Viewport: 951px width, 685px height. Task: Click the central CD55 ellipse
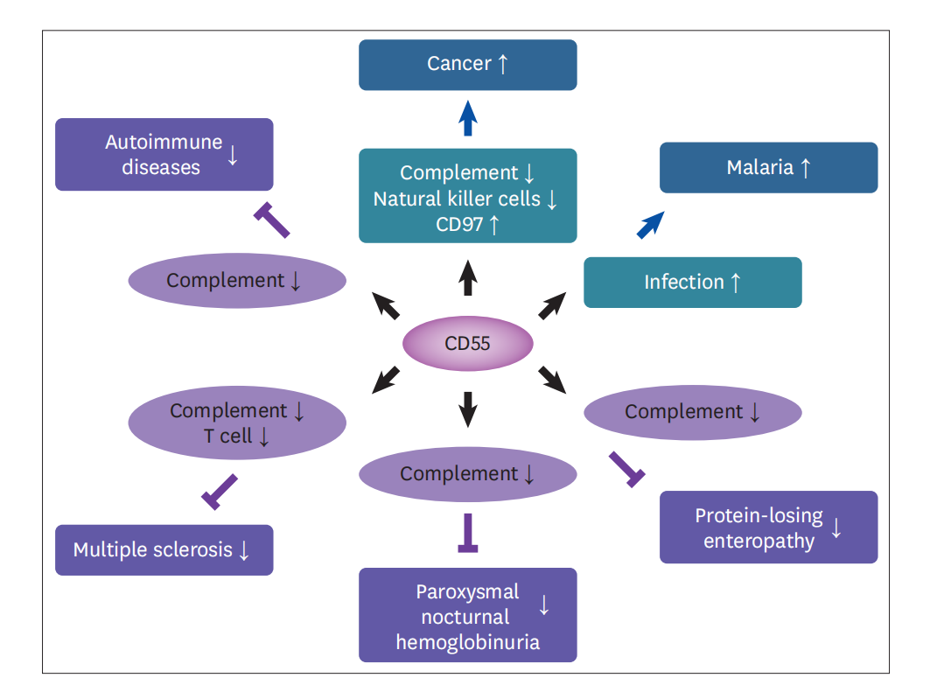[467, 343]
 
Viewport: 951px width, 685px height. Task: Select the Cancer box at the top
[467, 64]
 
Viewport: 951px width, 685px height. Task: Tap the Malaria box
[768, 167]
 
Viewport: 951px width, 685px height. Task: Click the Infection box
[692, 282]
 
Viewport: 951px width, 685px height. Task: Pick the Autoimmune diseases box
[164, 155]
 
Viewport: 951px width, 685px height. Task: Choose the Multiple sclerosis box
[164, 549]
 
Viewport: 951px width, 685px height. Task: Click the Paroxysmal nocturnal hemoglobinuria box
[467, 615]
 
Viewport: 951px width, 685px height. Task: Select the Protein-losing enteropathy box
[768, 528]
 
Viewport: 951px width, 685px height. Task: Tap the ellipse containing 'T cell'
[236, 423]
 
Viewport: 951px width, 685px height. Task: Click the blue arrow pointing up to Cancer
[468, 118]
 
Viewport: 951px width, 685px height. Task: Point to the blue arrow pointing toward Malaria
[649, 225]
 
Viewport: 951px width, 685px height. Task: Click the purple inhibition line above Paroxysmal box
[468, 533]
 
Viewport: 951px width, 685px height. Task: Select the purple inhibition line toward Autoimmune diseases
[272, 220]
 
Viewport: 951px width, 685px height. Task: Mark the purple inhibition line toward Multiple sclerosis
[220, 491]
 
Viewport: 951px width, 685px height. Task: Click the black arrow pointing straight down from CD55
[468, 408]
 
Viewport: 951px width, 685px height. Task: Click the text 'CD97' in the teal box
[458, 224]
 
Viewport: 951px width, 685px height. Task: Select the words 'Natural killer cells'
[457, 199]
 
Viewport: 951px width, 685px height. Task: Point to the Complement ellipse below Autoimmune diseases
[236, 281]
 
